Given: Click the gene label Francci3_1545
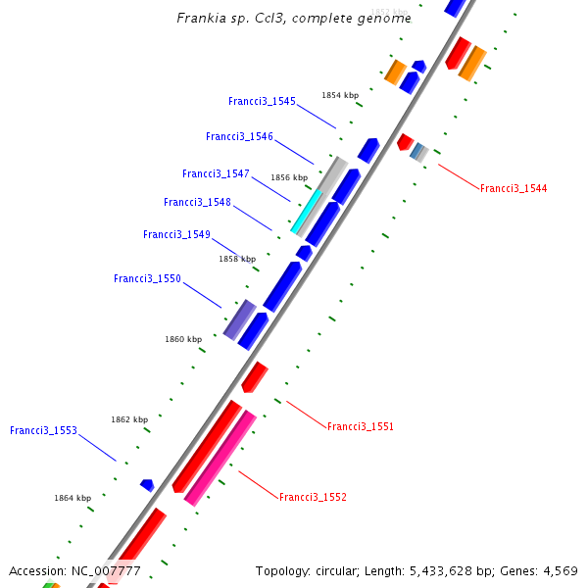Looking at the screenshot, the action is (x=262, y=102).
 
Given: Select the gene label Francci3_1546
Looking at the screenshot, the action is (x=239, y=137).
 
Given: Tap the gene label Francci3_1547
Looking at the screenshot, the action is (x=216, y=174).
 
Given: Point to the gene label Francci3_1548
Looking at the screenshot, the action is (x=197, y=203).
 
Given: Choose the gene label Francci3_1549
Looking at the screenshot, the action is (x=176, y=235).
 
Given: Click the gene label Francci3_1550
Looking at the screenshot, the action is (x=147, y=279).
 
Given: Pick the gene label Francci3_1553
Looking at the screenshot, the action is (x=43, y=431).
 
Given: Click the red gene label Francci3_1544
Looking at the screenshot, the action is (x=514, y=188).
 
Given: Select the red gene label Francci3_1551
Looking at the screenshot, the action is (x=361, y=427).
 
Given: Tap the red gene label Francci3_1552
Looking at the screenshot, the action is (x=313, y=498).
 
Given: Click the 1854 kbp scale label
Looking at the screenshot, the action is (x=340, y=95).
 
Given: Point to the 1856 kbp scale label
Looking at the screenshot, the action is (x=289, y=177).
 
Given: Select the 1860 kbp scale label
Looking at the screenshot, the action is (x=183, y=339).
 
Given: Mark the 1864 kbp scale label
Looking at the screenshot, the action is (x=73, y=498).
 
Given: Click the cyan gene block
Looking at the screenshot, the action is (x=307, y=213).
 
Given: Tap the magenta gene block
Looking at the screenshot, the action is (x=220, y=458).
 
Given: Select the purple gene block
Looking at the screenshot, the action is (x=239, y=319).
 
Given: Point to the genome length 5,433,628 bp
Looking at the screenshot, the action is (x=439, y=570).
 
